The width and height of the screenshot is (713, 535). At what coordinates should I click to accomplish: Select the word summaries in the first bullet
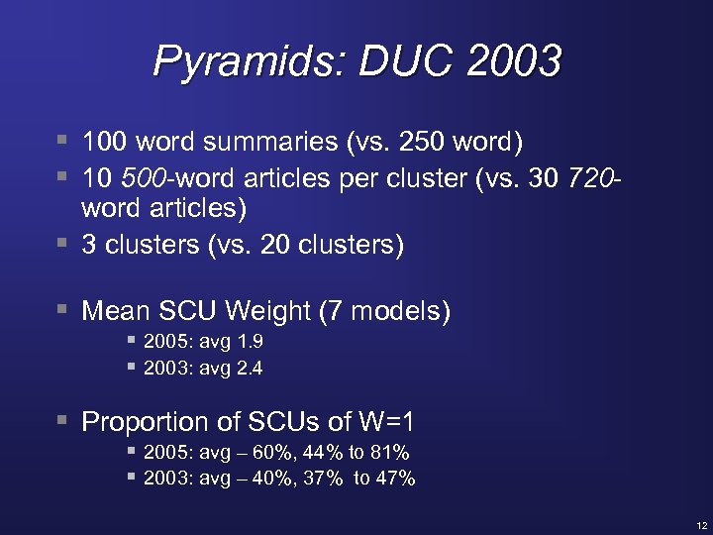click(269, 142)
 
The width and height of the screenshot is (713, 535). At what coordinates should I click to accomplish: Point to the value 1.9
click(248, 343)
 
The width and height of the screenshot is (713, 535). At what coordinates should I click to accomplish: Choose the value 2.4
click(248, 369)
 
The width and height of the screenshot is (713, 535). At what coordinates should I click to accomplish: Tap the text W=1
click(384, 423)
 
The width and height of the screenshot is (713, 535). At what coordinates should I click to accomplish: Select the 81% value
click(390, 454)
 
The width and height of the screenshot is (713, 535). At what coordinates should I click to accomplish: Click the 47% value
click(395, 480)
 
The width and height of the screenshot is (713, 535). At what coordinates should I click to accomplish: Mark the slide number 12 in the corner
click(701, 524)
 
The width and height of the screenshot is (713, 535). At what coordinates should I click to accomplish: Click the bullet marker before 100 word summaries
click(63, 141)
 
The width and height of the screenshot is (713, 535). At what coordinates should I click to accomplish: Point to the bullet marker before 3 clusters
click(63, 243)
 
